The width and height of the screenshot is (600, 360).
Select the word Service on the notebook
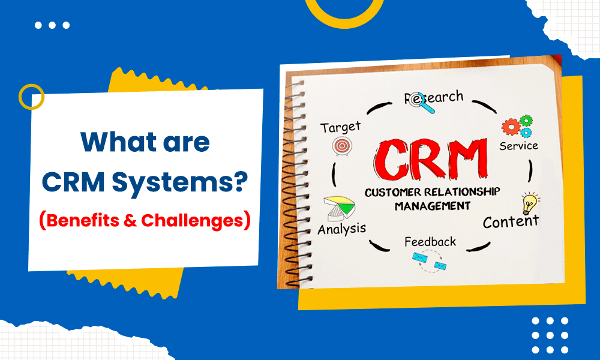click(x=518, y=145)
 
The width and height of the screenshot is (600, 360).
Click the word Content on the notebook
click(x=511, y=222)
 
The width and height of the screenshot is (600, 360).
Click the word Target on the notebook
click(x=340, y=127)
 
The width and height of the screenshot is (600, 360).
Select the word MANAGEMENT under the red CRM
click(x=432, y=206)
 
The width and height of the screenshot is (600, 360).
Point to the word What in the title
click(x=112, y=143)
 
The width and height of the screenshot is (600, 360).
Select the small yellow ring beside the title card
click(x=31, y=96)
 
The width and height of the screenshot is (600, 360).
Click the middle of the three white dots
click(x=52, y=25)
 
